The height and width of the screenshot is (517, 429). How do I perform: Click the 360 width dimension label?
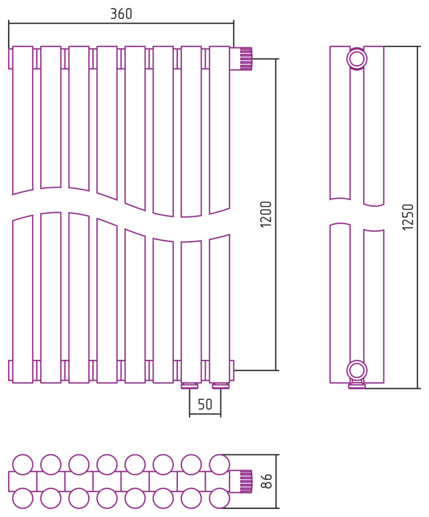pyautogui.click(x=121, y=14)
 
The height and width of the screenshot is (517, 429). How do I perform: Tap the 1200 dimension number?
pyautogui.click(x=266, y=214)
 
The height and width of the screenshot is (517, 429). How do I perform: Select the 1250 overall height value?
pyautogui.click(x=408, y=217)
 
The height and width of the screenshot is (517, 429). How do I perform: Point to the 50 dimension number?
pyautogui.click(x=205, y=404)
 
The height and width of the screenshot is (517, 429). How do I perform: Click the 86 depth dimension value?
pyautogui.click(x=266, y=481)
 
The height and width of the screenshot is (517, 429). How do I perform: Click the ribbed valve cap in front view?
pyautogui.click(x=246, y=59)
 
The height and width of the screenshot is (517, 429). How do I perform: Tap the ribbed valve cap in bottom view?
pyautogui.click(x=246, y=482)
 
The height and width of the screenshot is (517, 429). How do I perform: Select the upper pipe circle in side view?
pyautogui.click(x=357, y=59)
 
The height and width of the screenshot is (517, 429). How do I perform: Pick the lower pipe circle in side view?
pyautogui.click(x=357, y=370)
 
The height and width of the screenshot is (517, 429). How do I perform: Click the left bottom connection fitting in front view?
pyautogui.click(x=190, y=386)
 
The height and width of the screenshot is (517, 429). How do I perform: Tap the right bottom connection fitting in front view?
pyautogui.click(x=221, y=386)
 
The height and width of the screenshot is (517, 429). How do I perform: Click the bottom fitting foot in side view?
pyautogui.click(x=357, y=384)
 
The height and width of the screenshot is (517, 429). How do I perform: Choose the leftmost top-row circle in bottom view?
pyautogui.click(x=23, y=464)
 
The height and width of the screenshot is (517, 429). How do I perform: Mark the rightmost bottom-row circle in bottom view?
pyautogui.click(x=219, y=498)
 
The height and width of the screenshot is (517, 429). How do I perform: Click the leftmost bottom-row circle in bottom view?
pyautogui.click(x=23, y=498)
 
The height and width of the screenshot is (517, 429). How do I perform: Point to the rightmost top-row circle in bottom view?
pyautogui.click(x=219, y=464)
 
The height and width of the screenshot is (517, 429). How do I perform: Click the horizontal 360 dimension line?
pyautogui.click(x=121, y=23)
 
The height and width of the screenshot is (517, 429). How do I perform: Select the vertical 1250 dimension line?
pyautogui.click(x=418, y=217)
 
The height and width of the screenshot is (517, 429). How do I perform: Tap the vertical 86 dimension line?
pyautogui.click(x=276, y=482)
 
